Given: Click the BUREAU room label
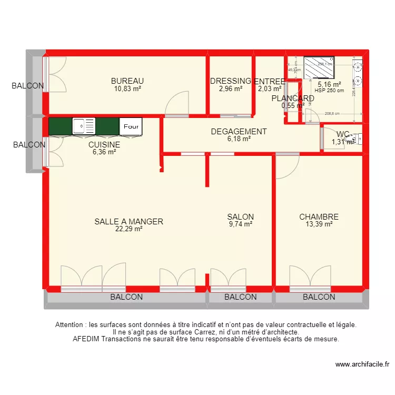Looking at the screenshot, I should [x=127, y=81].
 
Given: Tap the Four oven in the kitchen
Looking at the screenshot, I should [x=132, y=126].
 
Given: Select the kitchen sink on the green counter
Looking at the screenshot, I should [x=84, y=126].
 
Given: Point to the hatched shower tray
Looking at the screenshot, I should [x=319, y=67].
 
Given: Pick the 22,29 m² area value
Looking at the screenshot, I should [x=129, y=229].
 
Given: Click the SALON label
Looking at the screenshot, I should [x=240, y=216].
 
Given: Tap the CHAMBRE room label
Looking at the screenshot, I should [x=319, y=216].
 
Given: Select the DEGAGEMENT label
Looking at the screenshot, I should [x=239, y=132].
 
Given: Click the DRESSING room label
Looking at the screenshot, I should [x=231, y=81].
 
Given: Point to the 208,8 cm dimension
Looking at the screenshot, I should [x=332, y=113].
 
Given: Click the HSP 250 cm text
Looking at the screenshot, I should [x=329, y=90].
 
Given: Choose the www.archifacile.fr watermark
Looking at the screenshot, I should [x=362, y=364].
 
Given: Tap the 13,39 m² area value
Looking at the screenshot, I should [x=319, y=224].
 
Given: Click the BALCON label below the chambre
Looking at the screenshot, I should [x=319, y=297].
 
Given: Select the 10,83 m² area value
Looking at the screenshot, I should [x=127, y=88].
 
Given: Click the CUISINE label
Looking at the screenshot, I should [x=104, y=144].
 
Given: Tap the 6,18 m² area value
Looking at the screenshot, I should [x=239, y=139].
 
